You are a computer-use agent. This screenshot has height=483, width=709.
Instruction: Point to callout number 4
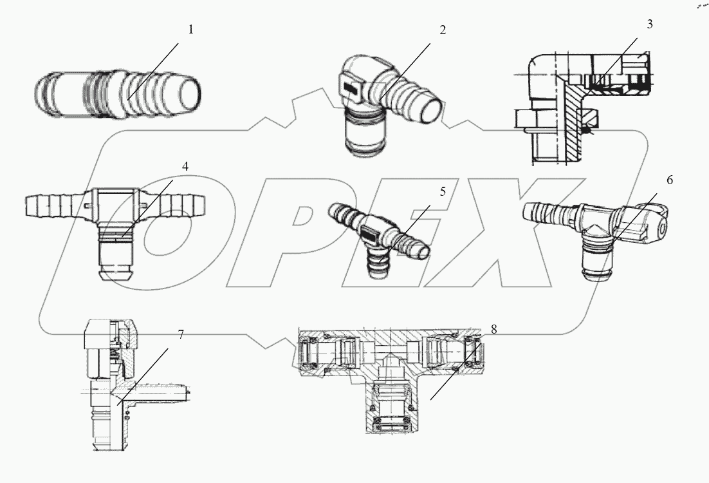185,166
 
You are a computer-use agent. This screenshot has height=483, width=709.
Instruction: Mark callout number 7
181,335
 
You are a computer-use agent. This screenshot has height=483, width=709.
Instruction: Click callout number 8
493,329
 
